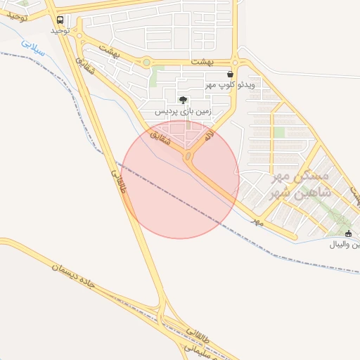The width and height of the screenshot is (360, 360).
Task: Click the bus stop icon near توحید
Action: point(59,20)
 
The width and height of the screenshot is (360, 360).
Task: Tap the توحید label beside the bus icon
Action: point(59,32)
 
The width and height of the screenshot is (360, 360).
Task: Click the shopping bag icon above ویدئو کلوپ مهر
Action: point(231,74)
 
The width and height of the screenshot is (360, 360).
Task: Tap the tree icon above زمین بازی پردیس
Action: point(184,101)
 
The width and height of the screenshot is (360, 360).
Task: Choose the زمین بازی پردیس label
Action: point(184,112)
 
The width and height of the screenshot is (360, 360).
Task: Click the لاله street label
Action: point(208,138)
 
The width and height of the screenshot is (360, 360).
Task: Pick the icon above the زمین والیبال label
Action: point(349,233)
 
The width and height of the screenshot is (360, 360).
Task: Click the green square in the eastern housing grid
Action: point(280,132)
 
